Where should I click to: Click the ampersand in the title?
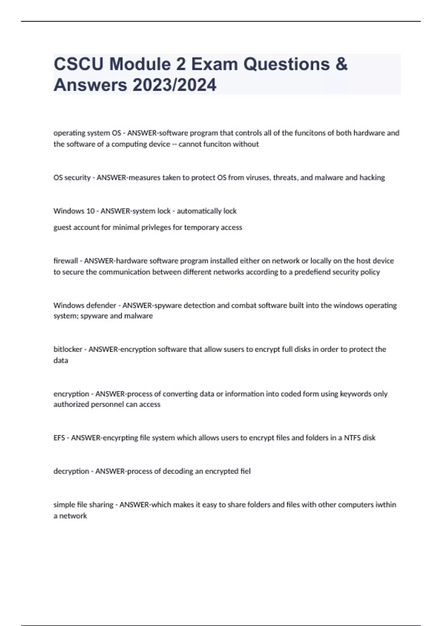click(x=341, y=64)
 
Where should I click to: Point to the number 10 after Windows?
click(x=90, y=211)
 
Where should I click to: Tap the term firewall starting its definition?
click(x=66, y=261)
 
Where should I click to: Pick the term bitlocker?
click(x=68, y=349)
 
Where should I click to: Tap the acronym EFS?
click(x=59, y=438)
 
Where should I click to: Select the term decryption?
click(x=71, y=471)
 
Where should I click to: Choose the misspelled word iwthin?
click(x=385, y=504)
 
